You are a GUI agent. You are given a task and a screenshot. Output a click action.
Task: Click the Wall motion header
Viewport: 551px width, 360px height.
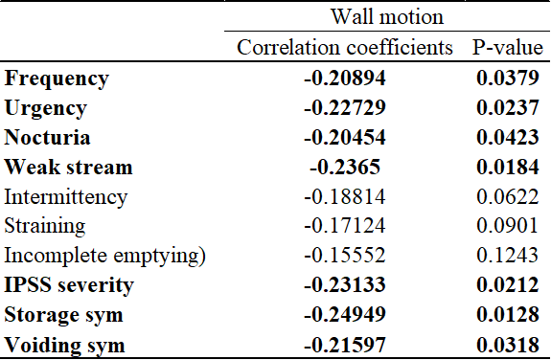point(387,16)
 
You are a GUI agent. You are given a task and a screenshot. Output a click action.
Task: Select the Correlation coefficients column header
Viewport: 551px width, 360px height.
point(345,47)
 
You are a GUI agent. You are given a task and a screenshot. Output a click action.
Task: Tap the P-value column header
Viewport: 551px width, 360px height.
point(508,47)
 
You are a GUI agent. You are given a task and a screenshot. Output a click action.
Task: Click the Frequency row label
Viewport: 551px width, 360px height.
point(57,79)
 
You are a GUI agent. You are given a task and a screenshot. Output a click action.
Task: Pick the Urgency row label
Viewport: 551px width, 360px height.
point(46,108)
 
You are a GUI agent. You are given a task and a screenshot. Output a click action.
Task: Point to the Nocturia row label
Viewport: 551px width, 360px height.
point(47,137)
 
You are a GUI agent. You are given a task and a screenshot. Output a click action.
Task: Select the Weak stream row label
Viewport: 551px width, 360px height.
point(69,167)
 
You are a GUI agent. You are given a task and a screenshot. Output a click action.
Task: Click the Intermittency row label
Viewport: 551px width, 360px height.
point(66,197)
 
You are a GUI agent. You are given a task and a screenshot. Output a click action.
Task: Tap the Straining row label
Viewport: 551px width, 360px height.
point(45,227)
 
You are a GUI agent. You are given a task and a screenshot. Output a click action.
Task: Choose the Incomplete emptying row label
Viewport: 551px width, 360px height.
point(104,256)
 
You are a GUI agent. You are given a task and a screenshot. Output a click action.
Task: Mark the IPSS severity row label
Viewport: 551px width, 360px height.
point(69,285)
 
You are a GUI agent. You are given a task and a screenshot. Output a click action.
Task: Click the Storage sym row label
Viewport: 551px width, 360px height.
point(63,315)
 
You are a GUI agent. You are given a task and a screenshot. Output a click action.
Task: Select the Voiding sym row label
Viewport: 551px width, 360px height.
point(64,346)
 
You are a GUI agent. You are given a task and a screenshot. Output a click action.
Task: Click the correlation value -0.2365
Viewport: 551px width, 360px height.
point(345,167)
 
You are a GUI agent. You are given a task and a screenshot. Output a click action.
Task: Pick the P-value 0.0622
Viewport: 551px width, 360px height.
point(508,196)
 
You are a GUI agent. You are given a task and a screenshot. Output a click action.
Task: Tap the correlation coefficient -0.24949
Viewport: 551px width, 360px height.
point(345,314)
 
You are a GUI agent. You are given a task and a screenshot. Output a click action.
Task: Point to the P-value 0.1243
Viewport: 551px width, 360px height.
point(508,256)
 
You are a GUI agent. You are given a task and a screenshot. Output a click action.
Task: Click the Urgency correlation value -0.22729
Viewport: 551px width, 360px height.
point(345,107)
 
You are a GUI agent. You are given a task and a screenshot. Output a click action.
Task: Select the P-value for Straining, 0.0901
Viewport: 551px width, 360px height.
point(508,226)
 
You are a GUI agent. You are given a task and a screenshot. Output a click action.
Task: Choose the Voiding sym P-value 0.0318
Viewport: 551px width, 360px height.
point(508,345)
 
